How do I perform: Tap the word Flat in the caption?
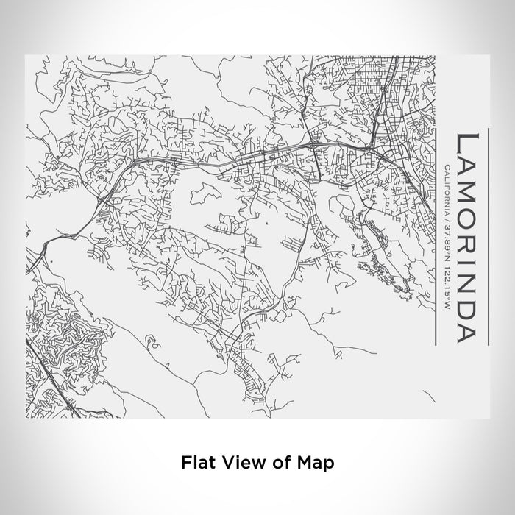pyautogui.click(x=196, y=463)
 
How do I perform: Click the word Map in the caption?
pyautogui.click(x=316, y=463)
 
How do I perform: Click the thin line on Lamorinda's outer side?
pyautogui.click(x=486, y=235)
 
